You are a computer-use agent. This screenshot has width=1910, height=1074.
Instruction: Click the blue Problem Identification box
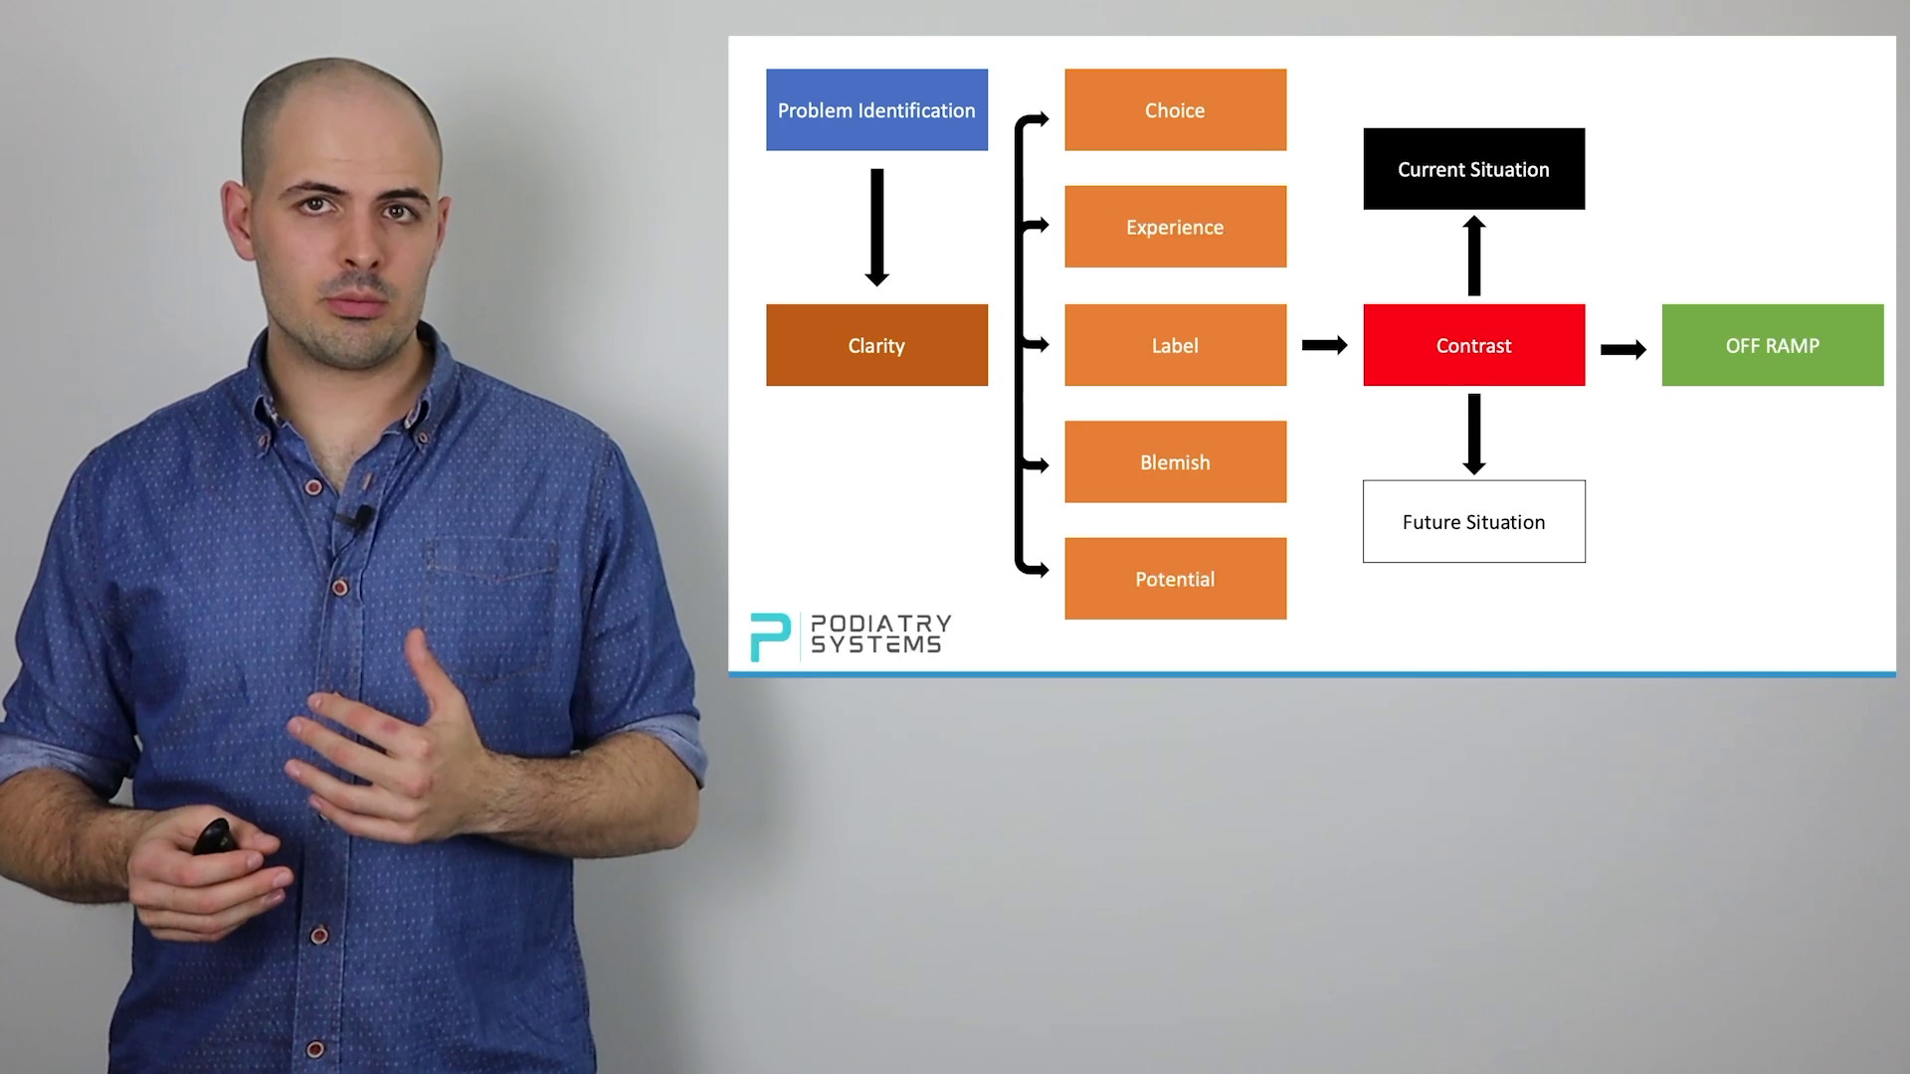coord(876,109)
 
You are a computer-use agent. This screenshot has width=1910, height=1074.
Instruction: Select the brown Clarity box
coord(876,345)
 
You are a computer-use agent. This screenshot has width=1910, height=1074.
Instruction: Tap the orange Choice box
coord(1175,109)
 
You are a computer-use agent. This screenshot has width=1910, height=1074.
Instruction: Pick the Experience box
coord(1175,227)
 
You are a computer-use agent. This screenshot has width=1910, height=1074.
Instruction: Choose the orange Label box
coord(1175,345)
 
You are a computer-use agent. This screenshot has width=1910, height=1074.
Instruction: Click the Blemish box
coord(1175,461)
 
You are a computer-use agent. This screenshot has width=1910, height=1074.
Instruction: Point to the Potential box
coord(1175,579)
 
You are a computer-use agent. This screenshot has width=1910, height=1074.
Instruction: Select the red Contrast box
coord(1473,345)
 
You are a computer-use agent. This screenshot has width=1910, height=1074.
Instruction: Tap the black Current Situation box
coord(1473,169)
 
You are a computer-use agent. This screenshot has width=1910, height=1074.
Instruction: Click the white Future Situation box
coord(1473,522)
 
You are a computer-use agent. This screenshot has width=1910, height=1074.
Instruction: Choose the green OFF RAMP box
coord(1772,345)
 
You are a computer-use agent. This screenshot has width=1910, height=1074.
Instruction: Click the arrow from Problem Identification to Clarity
coord(876,227)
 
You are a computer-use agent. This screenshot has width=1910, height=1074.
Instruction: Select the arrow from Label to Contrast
coord(1324,345)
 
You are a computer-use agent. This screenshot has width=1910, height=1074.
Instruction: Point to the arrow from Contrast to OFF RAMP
coord(1623,349)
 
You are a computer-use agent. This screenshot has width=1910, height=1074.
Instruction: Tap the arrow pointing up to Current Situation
coord(1473,256)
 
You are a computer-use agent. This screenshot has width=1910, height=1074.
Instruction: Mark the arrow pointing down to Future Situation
coord(1473,434)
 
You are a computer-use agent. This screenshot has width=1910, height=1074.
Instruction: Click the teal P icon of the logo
coord(769,636)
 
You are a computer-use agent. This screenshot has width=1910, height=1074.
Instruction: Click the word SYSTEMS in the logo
coord(875,644)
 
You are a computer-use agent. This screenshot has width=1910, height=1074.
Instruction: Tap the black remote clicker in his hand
coord(214,836)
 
